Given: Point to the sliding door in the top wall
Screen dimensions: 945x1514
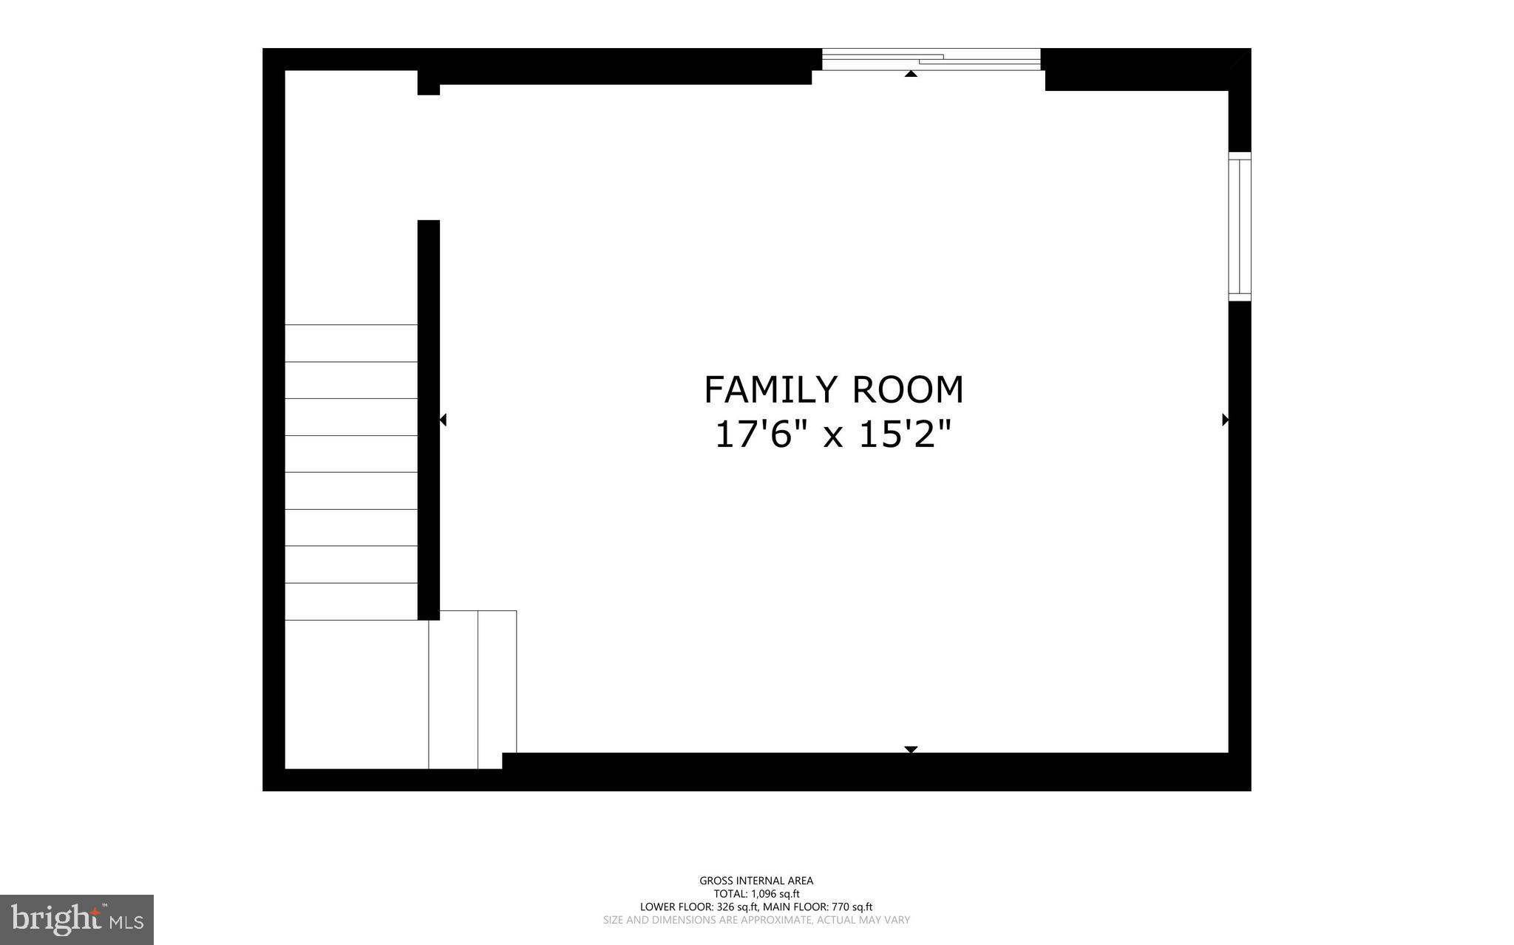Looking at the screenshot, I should [x=931, y=59].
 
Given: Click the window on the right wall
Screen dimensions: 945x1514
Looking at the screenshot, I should [x=1240, y=226].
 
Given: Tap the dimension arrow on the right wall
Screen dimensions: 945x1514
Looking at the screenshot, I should [x=1225, y=420].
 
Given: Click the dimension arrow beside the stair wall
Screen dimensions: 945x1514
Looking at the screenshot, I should [x=443, y=420].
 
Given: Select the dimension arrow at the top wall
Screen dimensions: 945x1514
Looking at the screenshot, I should [x=911, y=73].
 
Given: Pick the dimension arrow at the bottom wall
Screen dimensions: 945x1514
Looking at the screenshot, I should [x=911, y=749].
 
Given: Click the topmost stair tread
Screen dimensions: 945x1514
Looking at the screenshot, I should [x=351, y=343].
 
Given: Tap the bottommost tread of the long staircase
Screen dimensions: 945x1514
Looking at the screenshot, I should [x=351, y=601].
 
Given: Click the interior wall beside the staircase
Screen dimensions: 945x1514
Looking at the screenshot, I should [x=429, y=420].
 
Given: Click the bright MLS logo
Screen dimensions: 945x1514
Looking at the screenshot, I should [x=77, y=920].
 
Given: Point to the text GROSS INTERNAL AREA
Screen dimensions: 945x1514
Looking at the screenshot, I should [x=756, y=881].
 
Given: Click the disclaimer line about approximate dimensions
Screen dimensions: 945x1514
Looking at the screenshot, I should [x=756, y=921].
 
